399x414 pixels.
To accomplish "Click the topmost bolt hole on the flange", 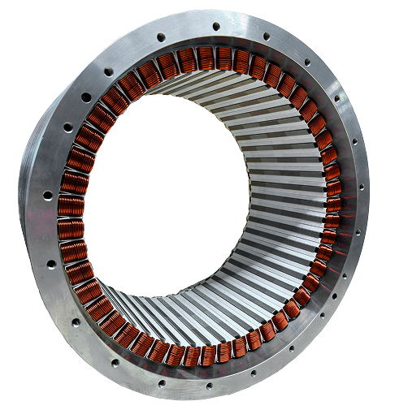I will [x=216, y=26].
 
